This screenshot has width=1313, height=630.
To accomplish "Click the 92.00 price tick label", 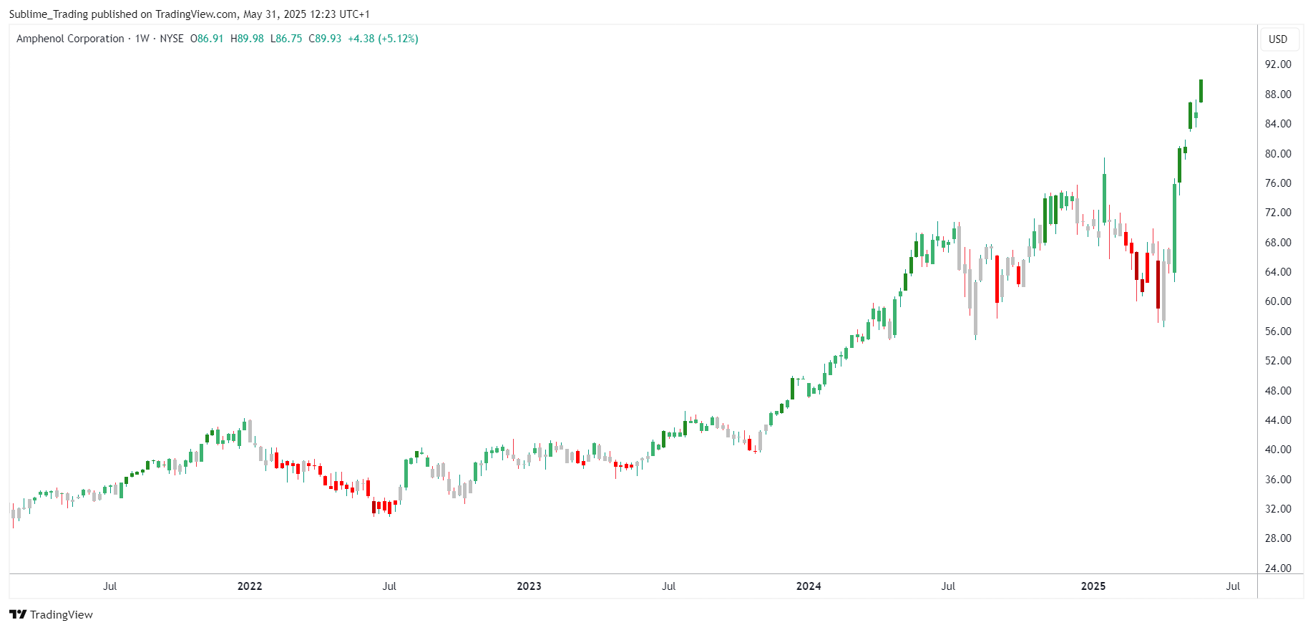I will coord(1278,64).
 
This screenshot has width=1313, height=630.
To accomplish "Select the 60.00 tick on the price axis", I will coord(1278,301).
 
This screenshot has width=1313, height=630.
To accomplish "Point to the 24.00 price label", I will coord(1278,568).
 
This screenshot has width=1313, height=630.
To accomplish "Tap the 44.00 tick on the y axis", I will coord(1278,420).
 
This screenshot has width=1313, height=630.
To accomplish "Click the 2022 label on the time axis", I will coord(250,586).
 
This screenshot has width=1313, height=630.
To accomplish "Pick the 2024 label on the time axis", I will coord(809,586).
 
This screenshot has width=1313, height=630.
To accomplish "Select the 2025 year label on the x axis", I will coord(1093,586).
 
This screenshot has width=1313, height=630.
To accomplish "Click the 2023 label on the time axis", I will coord(529,586).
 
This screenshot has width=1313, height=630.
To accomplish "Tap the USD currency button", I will coord(1278,39).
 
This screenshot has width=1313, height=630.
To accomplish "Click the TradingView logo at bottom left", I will coord(52,614).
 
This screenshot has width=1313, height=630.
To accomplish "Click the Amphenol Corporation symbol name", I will coord(70,39).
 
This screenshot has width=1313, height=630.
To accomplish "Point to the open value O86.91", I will coord(207,39).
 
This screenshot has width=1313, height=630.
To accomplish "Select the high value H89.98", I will coord(247,39).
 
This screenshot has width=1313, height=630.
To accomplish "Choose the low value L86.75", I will coord(286,39).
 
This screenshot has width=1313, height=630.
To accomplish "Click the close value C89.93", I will coord(325,39).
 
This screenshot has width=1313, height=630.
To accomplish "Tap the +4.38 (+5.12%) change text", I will coord(383,39).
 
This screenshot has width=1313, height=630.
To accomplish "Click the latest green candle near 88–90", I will coord(1201,91).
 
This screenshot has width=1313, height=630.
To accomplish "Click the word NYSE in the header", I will coord(172,39).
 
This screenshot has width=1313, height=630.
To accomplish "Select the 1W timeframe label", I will coord(142,39).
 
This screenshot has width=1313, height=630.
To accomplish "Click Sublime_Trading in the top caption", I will coord(49,14).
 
